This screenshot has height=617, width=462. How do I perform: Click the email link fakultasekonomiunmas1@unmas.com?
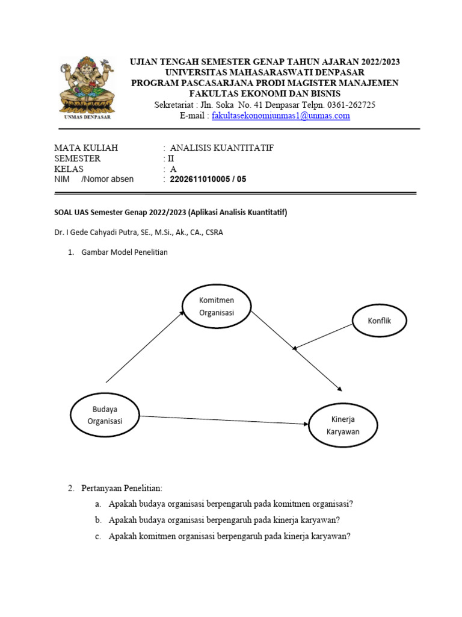280,116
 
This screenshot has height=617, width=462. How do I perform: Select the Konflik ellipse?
379,320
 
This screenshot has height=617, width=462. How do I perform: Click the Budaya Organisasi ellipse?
105,415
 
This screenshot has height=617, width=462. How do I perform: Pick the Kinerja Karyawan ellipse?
343,425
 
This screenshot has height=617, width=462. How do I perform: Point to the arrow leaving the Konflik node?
323,337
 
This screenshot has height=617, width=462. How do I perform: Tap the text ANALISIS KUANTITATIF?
221,148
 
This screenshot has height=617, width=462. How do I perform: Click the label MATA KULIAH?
86,148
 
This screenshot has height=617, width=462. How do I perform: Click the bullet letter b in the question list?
97,519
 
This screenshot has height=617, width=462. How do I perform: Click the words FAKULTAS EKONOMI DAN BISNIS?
265,93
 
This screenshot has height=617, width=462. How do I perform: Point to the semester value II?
170,158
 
